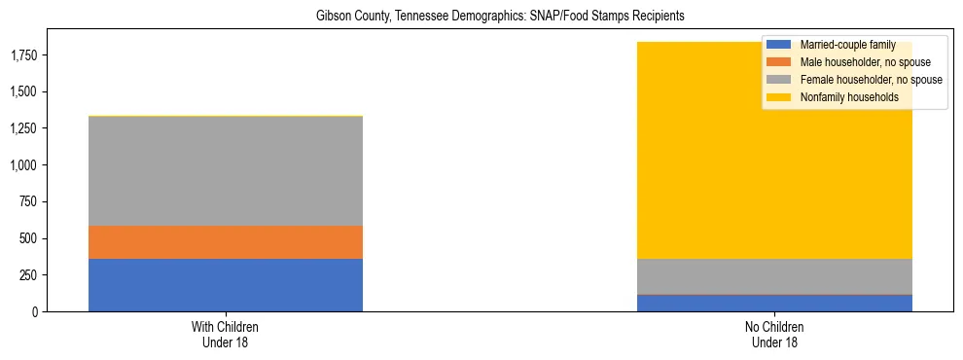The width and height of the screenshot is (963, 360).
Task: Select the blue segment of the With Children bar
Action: (226, 285)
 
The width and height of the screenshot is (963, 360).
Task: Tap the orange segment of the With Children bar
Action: (226, 242)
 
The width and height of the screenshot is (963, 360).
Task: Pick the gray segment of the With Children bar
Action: (226, 171)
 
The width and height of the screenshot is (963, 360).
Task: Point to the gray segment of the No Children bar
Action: (775, 276)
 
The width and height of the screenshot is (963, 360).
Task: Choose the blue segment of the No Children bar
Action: (775, 303)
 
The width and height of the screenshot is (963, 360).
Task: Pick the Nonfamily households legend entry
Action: (847, 97)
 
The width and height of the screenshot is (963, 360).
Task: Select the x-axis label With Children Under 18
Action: (226, 335)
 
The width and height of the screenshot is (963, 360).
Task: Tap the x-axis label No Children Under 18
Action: (775, 335)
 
